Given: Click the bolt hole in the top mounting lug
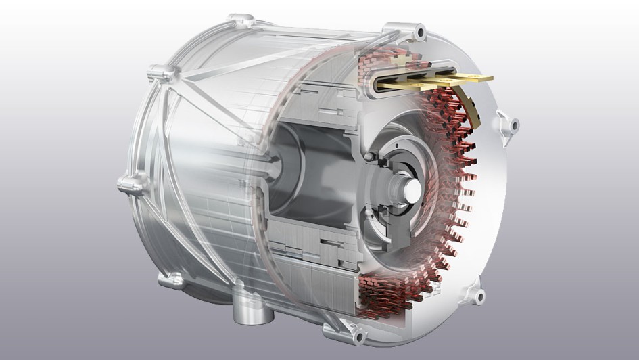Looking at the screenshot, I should [420, 31].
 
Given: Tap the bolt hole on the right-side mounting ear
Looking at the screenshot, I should [513, 125].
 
